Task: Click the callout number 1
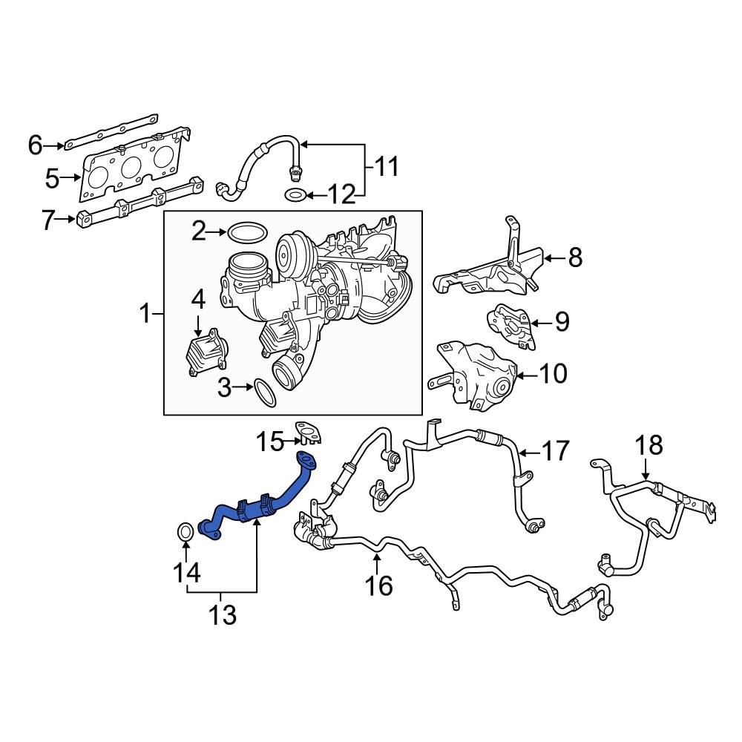click(x=145, y=314)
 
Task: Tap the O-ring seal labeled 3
click(x=265, y=393)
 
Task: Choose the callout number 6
click(x=36, y=145)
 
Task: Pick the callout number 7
click(x=49, y=220)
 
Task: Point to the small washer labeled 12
click(x=295, y=196)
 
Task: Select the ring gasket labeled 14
click(x=185, y=532)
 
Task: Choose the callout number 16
click(x=378, y=585)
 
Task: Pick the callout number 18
click(x=647, y=445)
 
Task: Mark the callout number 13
click(x=221, y=614)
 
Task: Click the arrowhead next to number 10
click(x=520, y=373)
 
